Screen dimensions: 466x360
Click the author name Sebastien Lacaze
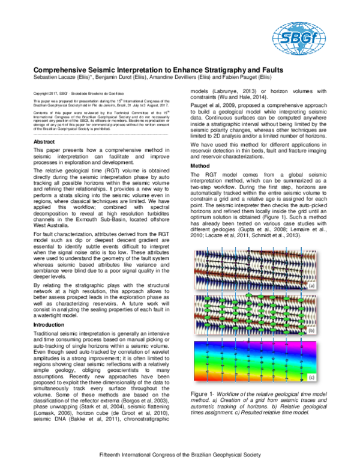tap(56, 78)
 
